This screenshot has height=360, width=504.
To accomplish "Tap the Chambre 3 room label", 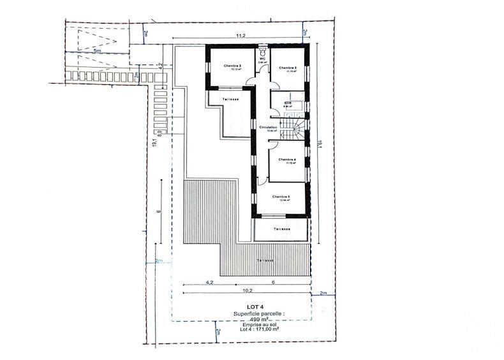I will click(x=288, y=67).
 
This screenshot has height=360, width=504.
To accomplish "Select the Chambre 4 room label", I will click(x=288, y=160).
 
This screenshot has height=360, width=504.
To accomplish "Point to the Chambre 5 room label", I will click(x=281, y=197).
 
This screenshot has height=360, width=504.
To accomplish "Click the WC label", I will click(x=262, y=59).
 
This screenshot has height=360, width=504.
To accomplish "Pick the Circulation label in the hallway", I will click(x=268, y=127).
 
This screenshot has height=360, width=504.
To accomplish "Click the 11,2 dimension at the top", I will click(x=242, y=36).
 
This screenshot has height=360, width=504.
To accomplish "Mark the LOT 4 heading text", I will click(x=237, y=307).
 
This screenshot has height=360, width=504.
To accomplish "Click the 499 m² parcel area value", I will click(x=243, y=319).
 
